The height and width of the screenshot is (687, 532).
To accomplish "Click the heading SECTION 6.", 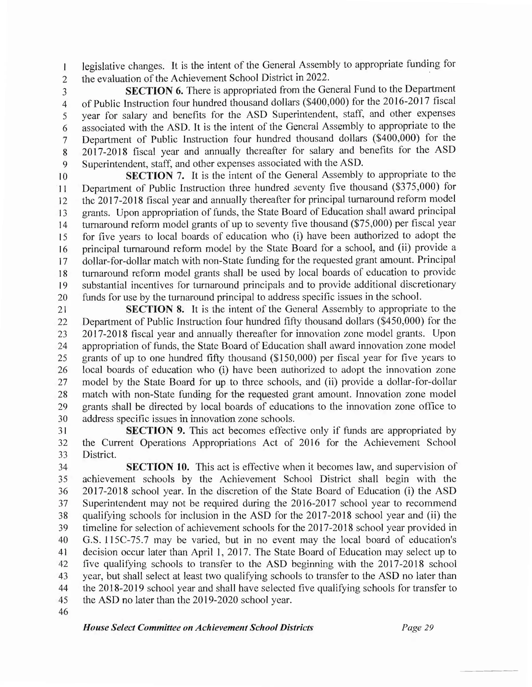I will pos(154,91).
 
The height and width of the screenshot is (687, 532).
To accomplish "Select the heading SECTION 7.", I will pos(155,175).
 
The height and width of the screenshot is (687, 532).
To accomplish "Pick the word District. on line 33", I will pos(99,455).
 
